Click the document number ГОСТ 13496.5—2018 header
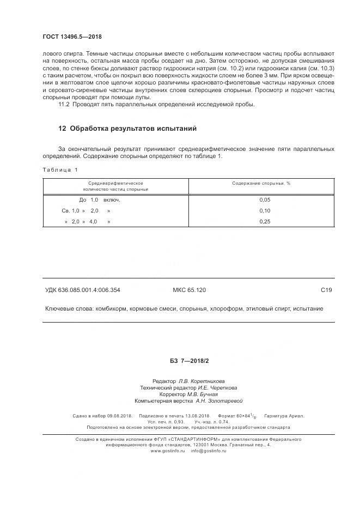[x=72, y=37]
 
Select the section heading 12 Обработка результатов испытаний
[x=127, y=129]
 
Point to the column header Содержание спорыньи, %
[x=261, y=184]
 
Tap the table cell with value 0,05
[x=265, y=200]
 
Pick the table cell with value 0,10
[x=265, y=211]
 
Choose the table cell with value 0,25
[x=265, y=222]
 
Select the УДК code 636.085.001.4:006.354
[x=90, y=290]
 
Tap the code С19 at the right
[x=326, y=290]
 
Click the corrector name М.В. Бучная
[x=202, y=394]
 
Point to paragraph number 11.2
[x=64, y=104]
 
